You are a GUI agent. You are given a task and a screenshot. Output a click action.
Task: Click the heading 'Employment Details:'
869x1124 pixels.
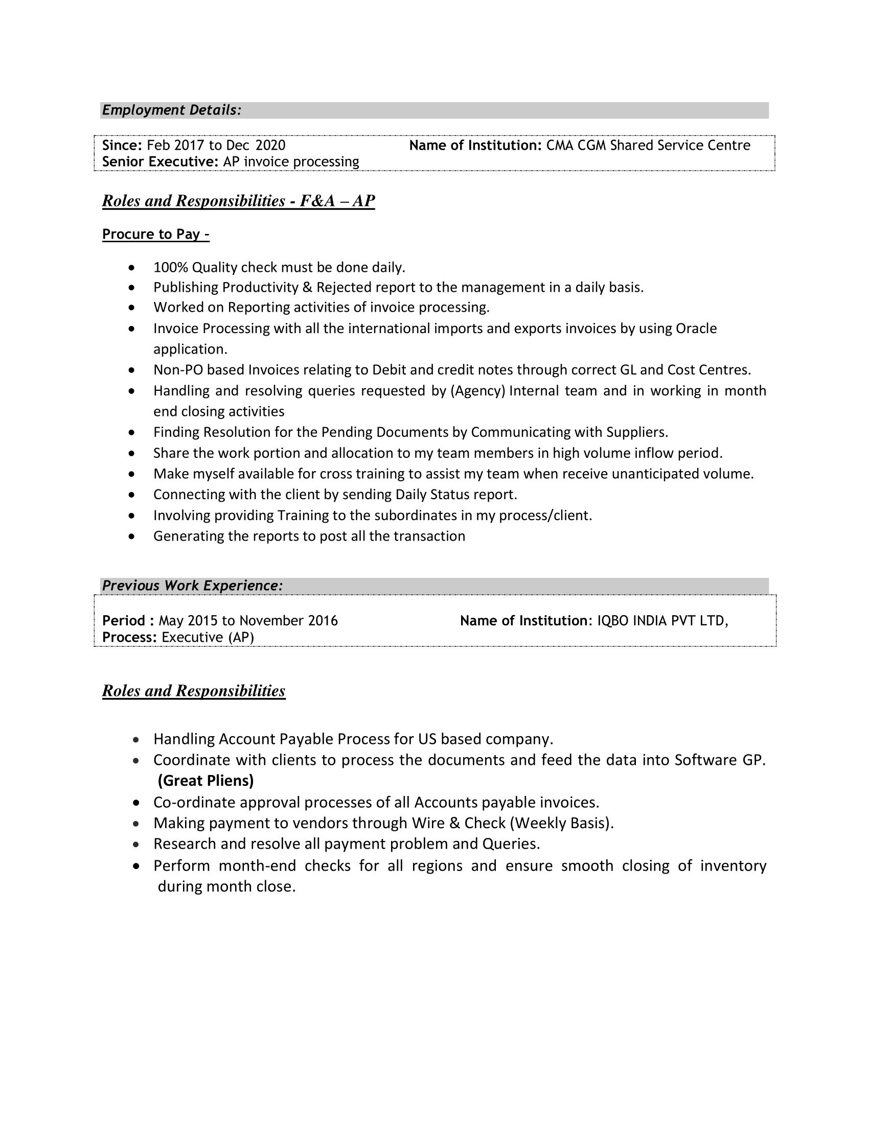tap(171, 110)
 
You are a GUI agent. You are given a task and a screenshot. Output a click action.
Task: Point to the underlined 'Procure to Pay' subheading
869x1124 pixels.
tap(155, 235)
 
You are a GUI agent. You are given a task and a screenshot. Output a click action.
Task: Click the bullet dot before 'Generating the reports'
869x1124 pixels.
tap(133, 537)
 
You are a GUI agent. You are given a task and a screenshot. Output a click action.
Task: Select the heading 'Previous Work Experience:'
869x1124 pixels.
tap(193, 586)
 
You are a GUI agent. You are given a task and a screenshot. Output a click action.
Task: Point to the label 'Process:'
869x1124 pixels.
tap(129, 638)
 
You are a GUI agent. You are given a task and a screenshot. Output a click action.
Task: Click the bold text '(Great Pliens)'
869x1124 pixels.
tap(206, 781)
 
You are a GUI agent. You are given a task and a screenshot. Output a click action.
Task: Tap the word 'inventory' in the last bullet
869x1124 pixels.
tap(733, 866)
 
